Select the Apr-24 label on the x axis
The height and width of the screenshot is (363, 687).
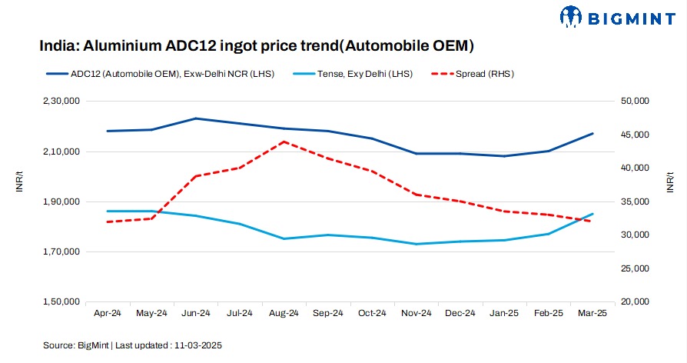point(108,314)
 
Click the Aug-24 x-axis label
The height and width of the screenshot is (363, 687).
point(284,314)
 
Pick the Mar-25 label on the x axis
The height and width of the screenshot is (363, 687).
point(591,314)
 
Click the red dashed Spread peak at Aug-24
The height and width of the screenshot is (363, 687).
point(284,142)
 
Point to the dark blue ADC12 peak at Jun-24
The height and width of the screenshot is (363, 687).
point(195,118)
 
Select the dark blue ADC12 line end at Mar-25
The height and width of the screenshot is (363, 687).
point(592,134)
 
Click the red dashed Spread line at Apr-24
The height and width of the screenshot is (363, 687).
point(108,221)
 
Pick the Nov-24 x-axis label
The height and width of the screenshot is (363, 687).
point(416,314)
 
